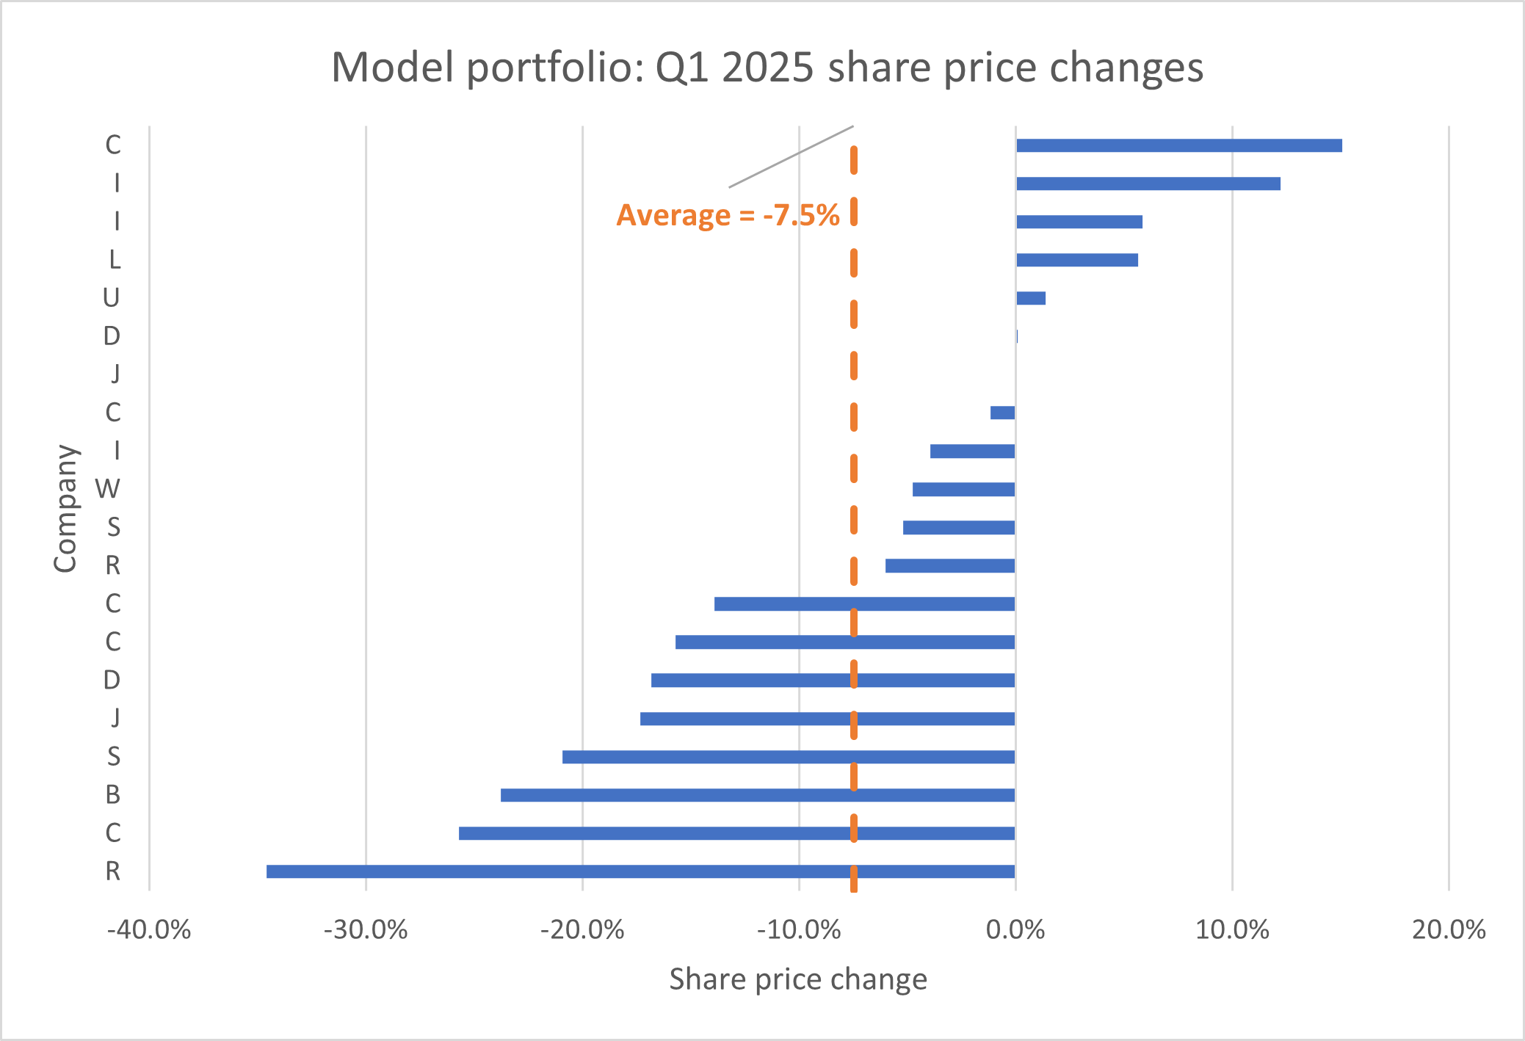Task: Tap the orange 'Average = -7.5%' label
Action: pos(728,215)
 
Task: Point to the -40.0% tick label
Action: pos(149,930)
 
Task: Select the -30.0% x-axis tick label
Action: pos(366,930)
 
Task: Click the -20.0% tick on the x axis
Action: pos(582,930)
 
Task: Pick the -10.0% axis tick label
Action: pos(799,930)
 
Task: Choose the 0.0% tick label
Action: pos(1015,930)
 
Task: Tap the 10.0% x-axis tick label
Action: pos(1232,930)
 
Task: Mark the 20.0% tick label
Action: pos(1449,930)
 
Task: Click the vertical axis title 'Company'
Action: pos(66,508)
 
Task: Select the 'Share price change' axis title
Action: pos(798,979)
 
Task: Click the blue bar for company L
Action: pos(1076,260)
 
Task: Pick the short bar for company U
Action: pos(1030,298)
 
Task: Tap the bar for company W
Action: pos(963,490)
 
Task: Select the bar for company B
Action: pos(757,795)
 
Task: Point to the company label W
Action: pos(108,489)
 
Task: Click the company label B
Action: pos(112,794)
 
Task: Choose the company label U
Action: pos(111,298)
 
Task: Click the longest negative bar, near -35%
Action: pos(640,871)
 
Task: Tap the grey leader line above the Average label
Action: pos(791,156)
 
